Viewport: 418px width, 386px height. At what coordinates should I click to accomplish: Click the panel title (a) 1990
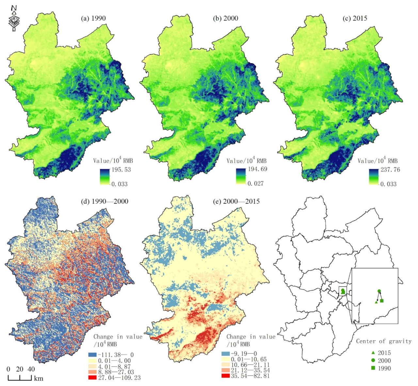point(93,18)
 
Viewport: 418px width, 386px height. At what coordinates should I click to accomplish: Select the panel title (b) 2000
point(225,18)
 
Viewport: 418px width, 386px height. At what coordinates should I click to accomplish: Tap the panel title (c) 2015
point(355,18)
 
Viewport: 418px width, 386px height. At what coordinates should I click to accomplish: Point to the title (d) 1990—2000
point(104,201)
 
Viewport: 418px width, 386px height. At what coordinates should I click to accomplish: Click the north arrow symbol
point(14,19)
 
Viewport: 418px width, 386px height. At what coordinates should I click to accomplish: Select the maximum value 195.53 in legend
point(121,170)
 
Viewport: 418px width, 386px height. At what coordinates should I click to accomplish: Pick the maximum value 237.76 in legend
point(390,170)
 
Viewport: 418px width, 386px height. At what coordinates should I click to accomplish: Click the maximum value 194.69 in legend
point(257,169)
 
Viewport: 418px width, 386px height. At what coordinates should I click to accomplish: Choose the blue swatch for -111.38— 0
point(92,355)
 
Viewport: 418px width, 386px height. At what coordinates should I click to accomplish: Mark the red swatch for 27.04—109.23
point(92,377)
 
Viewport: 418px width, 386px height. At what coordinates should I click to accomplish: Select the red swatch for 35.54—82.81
point(225,376)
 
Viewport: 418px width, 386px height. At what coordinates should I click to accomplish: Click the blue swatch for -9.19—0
point(225,354)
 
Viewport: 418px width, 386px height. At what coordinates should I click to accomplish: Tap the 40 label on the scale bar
point(31,369)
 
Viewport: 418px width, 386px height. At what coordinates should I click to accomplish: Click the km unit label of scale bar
point(39,378)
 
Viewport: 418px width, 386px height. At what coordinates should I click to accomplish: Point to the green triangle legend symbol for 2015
point(373,353)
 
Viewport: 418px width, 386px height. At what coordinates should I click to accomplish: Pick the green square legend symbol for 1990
point(373,368)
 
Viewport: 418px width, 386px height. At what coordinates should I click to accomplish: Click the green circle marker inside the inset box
point(379,291)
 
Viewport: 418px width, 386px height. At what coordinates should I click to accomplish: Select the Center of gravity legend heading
point(383,341)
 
